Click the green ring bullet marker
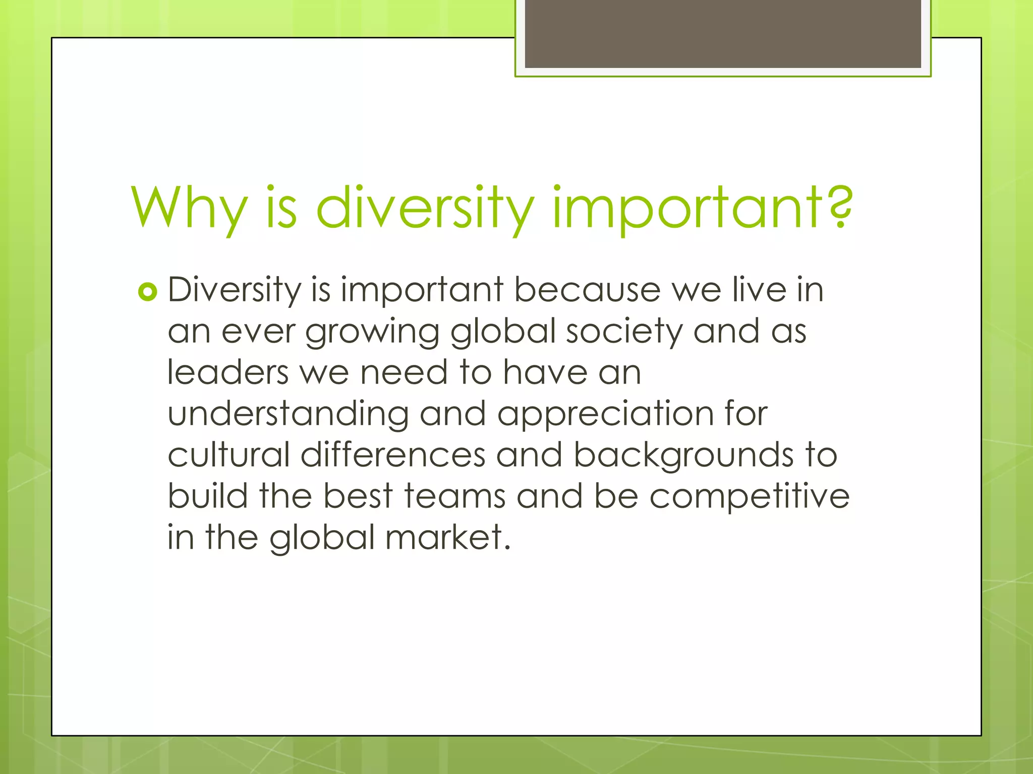click(x=147, y=292)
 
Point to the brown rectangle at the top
click(x=723, y=34)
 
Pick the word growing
click(x=372, y=332)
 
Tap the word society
click(x=624, y=332)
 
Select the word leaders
click(x=228, y=372)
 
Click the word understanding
click(x=288, y=414)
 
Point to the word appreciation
click(x=605, y=415)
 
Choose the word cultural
click(x=228, y=455)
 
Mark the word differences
click(x=393, y=455)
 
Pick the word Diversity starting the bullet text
click(x=234, y=291)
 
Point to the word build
click(x=207, y=496)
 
